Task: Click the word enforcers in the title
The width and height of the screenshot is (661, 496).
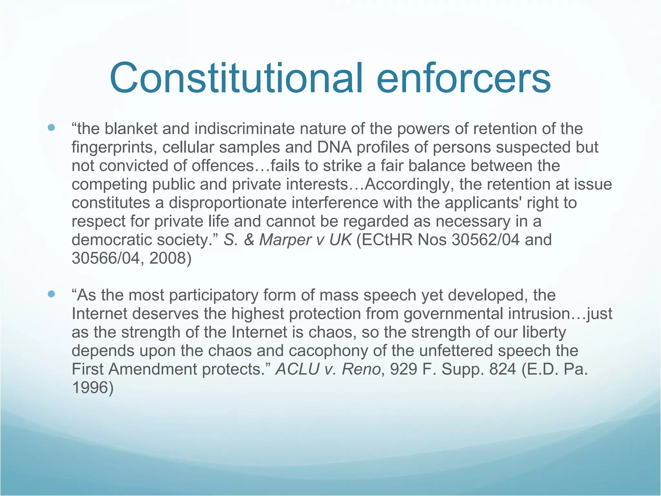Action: (x=463, y=78)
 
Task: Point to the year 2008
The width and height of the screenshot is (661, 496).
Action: (x=170, y=258)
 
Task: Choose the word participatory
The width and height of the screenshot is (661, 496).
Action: (x=213, y=295)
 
